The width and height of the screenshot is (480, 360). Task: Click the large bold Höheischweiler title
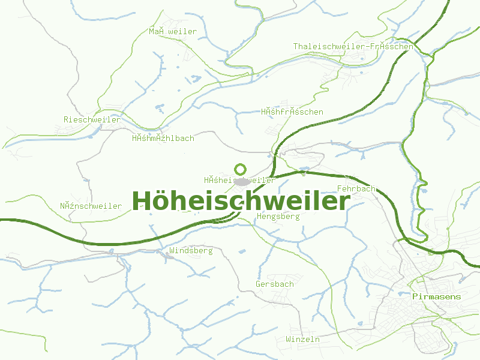pos(240,200)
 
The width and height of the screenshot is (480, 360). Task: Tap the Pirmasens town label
pos(437,296)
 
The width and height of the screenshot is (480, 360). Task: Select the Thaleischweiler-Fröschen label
pos(353,46)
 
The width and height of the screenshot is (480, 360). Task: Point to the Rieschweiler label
pos(92,119)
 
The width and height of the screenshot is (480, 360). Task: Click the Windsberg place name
pos(191,251)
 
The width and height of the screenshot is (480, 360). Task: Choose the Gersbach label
pos(274,284)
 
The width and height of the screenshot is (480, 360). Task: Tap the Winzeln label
pos(302,340)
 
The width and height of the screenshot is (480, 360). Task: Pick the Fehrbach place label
pos(356,188)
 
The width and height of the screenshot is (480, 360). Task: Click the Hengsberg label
pos(277,217)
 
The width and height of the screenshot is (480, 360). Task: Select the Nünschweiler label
pos(91,206)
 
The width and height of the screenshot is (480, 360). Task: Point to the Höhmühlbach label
pos(163,139)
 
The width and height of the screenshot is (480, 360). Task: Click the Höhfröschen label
pos(292,112)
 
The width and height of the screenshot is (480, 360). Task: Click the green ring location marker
pos(241,170)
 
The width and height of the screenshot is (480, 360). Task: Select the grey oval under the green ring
pos(241,181)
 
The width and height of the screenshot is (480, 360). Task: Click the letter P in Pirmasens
pos(415,296)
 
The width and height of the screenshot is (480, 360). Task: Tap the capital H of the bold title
pos(141,200)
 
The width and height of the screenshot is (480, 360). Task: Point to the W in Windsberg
pos(172,251)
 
